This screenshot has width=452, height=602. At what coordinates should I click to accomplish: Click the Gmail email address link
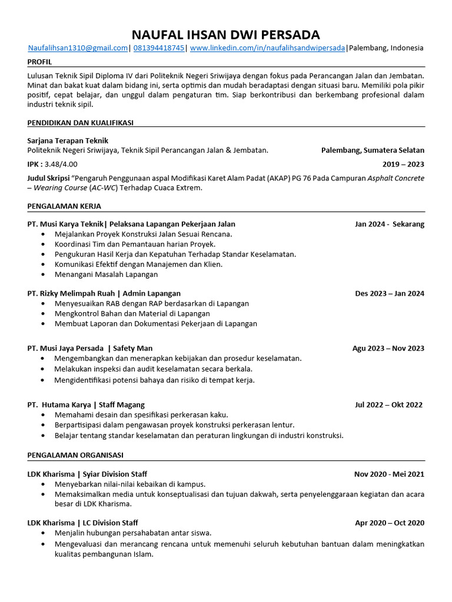pyautogui.click(x=78, y=48)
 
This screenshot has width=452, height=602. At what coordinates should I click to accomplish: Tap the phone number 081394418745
pyautogui.click(x=158, y=48)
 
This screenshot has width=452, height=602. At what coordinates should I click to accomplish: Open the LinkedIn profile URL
pyautogui.click(x=267, y=48)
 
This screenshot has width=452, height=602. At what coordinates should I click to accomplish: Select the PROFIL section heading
pyautogui.click(x=39, y=62)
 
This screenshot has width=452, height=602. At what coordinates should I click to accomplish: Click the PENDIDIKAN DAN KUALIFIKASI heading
pyautogui.click(x=80, y=122)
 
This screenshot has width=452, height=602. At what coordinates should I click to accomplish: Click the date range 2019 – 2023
pyautogui.click(x=403, y=164)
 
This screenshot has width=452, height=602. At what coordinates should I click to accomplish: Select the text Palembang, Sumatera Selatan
pyautogui.click(x=373, y=150)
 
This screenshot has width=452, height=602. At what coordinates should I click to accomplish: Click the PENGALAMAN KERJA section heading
pyautogui.click(x=64, y=206)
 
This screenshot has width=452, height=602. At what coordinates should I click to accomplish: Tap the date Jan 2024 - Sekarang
pyautogui.click(x=389, y=224)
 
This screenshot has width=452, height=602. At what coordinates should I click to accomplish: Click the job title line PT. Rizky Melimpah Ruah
pyautogui.click(x=104, y=293)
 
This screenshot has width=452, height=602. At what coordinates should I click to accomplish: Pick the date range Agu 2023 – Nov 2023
pyautogui.click(x=388, y=348)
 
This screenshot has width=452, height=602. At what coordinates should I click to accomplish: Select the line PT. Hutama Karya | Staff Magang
pyautogui.click(x=86, y=404)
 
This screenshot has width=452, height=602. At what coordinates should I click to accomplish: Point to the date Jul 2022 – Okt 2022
pyautogui.click(x=388, y=404)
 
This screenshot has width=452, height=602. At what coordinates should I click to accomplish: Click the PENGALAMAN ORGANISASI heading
pyautogui.click(x=75, y=455)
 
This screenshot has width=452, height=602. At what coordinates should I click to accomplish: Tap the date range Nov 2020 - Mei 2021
pyautogui.click(x=388, y=474)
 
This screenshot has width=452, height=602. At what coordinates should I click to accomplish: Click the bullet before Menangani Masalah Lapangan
pyautogui.click(x=44, y=275)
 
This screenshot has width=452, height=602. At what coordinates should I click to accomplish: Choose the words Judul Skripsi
pyautogui.click(x=48, y=178)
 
